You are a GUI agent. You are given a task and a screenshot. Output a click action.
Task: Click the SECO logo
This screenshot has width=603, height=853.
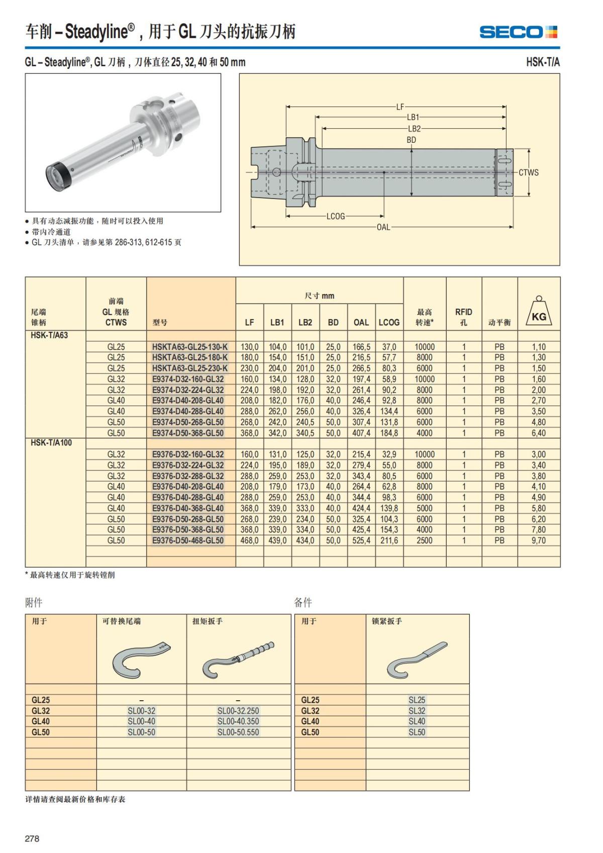518,32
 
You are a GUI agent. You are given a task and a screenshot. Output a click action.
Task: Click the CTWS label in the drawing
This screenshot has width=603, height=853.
529,172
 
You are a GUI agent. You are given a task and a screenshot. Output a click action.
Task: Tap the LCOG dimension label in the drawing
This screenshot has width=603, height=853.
336,216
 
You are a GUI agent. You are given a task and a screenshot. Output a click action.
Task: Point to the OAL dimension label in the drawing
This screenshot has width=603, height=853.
383,227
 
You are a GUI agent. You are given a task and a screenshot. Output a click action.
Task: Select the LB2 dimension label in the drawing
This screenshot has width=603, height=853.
414,129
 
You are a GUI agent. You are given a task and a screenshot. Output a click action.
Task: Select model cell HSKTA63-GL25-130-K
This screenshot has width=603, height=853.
190,347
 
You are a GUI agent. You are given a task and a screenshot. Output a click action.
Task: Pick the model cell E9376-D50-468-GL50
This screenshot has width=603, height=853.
188,540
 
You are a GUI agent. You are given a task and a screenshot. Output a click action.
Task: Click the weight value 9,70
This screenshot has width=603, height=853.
539,540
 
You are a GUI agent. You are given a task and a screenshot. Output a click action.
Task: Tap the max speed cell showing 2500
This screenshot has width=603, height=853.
424,540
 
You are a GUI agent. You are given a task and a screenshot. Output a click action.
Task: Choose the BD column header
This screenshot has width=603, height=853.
333,322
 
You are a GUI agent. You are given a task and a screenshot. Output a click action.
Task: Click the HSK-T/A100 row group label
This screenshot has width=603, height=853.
51,443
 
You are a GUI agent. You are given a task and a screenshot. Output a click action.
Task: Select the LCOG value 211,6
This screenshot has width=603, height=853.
389,540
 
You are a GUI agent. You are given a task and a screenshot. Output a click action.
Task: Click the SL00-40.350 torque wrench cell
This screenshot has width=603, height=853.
238,721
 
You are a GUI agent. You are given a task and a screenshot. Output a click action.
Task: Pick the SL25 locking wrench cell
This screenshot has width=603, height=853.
417,700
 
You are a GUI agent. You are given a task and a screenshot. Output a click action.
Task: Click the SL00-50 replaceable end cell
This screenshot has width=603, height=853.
141,732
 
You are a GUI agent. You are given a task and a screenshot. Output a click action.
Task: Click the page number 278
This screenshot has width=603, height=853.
32,838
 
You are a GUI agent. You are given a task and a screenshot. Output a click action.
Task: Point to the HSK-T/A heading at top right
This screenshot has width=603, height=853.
543,62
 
